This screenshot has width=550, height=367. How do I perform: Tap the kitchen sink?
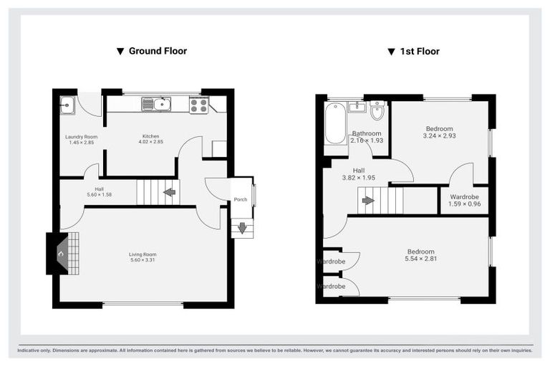(156, 105)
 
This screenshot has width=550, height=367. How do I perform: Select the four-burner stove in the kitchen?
(198, 105)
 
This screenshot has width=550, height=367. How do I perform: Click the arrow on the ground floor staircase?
(169, 192)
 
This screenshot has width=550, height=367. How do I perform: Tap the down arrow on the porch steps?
(242, 229)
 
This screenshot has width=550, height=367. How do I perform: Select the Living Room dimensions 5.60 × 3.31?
(143, 260)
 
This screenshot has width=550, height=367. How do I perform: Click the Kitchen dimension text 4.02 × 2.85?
(150, 142)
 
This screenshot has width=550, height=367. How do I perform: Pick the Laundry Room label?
(81, 136)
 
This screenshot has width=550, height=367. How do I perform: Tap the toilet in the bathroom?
(377, 111)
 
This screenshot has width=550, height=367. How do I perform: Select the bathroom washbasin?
(357, 108)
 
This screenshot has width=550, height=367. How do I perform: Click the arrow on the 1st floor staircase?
(367, 201)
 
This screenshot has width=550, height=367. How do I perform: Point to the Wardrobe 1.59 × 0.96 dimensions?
(464, 204)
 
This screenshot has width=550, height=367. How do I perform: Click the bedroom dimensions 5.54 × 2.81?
(420, 259)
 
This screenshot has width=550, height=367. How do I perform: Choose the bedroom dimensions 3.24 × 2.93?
(439, 135)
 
